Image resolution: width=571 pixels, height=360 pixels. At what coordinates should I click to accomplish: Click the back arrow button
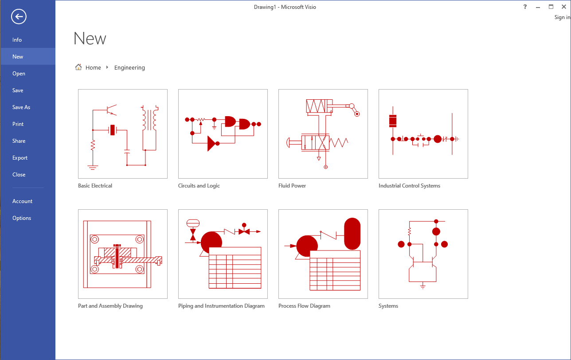[x=19, y=17]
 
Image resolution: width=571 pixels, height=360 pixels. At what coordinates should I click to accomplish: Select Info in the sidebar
[x=17, y=40]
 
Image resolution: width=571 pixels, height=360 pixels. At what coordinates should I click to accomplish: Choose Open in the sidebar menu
[x=19, y=74]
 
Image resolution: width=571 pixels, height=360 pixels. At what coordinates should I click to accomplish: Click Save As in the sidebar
[x=21, y=107]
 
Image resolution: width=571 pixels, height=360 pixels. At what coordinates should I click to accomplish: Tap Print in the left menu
[x=18, y=124]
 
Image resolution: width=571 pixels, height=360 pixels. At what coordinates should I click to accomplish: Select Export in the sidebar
[x=20, y=158]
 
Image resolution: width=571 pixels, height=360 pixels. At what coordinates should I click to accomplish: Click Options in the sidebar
[x=22, y=218]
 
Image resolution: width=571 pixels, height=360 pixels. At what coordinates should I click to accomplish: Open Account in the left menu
[x=22, y=201]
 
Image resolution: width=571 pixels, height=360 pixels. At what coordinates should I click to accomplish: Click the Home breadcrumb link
[x=93, y=68]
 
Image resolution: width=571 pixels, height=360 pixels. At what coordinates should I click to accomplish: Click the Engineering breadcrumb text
[x=129, y=68]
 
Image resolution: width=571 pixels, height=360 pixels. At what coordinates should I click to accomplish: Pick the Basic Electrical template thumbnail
[x=123, y=134]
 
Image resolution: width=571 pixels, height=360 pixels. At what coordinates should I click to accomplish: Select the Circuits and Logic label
[x=199, y=186]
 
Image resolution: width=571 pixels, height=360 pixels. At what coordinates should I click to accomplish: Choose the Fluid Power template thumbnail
[x=323, y=134]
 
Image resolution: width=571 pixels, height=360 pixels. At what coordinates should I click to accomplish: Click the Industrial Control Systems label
[x=409, y=186]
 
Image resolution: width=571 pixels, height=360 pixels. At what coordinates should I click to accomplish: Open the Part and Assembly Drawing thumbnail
[x=123, y=254]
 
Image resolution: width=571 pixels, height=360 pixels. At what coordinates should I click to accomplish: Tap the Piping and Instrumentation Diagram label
[x=221, y=306]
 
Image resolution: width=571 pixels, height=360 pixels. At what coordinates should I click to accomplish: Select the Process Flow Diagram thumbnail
[x=323, y=254]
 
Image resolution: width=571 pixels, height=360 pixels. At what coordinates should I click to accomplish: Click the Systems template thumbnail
[x=423, y=254]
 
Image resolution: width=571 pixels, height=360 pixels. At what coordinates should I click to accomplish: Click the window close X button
[x=564, y=7]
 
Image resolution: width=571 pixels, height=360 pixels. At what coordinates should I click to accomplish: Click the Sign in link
[x=562, y=17]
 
